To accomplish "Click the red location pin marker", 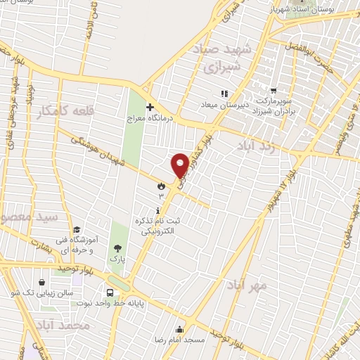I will [180, 165].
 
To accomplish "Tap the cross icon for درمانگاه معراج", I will [149, 107].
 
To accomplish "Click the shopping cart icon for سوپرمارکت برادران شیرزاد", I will [273, 91].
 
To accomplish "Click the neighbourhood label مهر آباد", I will [247, 285].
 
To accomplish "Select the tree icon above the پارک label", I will [117, 247].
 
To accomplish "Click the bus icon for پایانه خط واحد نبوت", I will [110, 292].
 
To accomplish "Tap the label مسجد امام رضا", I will [181, 339].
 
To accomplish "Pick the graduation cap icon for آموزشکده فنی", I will [76, 229].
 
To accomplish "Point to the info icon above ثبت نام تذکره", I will [157, 211].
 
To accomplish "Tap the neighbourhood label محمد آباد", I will [62, 326].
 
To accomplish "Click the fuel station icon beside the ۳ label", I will [162, 186].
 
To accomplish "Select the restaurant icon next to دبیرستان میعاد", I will [224, 93].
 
